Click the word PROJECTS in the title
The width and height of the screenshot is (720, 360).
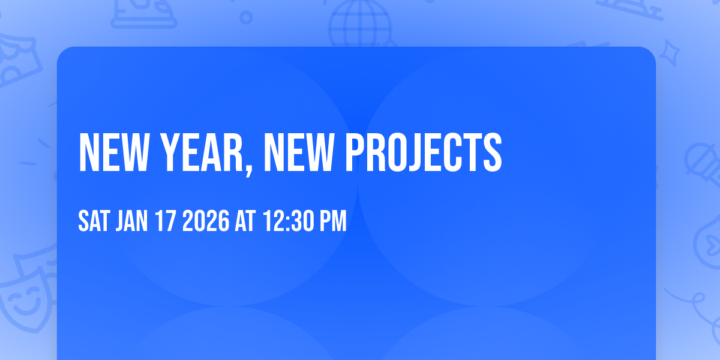[422, 152]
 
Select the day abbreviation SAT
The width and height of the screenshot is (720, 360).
[94, 221]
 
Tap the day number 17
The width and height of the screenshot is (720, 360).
[166, 221]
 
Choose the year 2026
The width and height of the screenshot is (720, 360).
[205, 221]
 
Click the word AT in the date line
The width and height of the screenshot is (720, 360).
[245, 221]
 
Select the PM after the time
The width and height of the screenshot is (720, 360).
[333, 221]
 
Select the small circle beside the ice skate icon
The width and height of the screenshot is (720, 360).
[245, 17]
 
